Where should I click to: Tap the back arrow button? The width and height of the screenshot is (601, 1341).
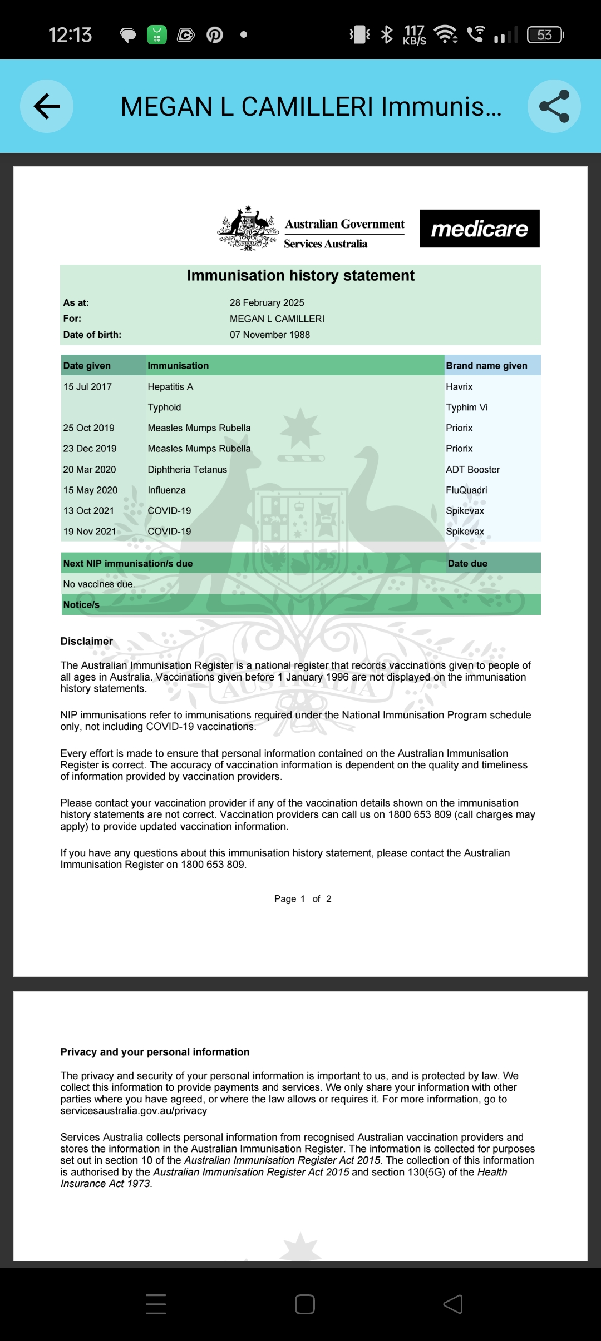pyautogui.click(x=47, y=106)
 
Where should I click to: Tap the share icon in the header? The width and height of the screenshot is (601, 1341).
pyautogui.click(x=554, y=106)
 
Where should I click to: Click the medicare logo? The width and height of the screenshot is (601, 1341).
pyautogui.click(x=479, y=229)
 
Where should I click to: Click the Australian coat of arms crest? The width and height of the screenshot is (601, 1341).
pyautogui.click(x=248, y=229)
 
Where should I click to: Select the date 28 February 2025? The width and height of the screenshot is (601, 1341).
pyautogui.click(x=267, y=302)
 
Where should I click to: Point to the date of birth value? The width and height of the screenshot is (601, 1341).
pyautogui.click(x=269, y=335)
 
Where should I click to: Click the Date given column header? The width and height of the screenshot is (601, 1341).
pyautogui.click(x=87, y=365)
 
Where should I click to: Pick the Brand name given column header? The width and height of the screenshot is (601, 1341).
pyautogui.click(x=486, y=365)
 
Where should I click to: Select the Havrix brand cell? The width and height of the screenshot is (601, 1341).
pyautogui.click(x=459, y=386)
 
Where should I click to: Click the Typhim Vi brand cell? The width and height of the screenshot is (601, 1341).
pyautogui.click(x=466, y=407)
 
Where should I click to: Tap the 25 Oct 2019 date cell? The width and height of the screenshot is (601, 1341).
pyautogui.click(x=88, y=428)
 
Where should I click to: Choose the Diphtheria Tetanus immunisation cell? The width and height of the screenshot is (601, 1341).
pyautogui.click(x=187, y=469)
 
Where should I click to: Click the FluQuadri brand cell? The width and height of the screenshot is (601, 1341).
pyautogui.click(x=466, y=490)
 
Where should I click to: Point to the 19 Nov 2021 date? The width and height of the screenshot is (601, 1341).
pyautogui.click(x=90, y=531)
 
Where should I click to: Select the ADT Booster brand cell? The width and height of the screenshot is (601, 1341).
pyautogui.click(x=472, y=469)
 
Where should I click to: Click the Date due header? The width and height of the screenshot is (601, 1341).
pyautogui.click(x=467, y=563)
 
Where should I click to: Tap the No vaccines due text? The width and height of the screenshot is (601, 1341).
pyautogui.click(x=99, y=584)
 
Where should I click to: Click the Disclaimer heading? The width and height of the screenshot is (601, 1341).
pyautogui.click(x=86, y=641)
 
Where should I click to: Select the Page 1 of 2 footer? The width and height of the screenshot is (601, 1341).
pyautogui.click(x=302, y=898)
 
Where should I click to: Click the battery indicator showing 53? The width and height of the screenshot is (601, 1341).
pyautogui.click(x=545, y=35)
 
